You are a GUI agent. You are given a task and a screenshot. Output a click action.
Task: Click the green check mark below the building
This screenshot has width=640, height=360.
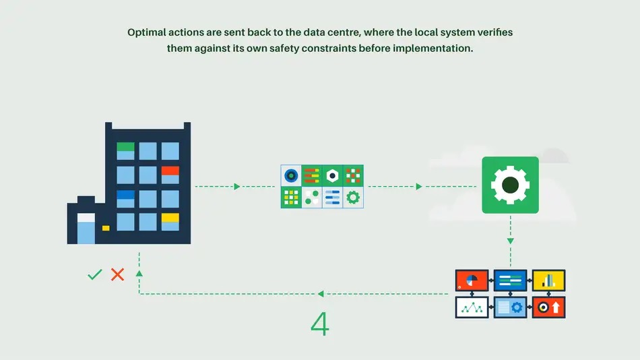(x=95, y=274)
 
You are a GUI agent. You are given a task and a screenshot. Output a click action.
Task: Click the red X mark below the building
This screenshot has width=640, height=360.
(x=118, y=274)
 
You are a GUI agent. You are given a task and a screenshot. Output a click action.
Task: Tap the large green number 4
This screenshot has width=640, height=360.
(x=320, y=324)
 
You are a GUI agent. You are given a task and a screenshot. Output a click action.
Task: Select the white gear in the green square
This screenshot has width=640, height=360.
(x=510, y=185)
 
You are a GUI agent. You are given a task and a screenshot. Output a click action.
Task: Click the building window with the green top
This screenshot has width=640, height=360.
(x=125, y=151)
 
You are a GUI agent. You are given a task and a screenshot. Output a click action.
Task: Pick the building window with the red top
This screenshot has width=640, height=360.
(x=170, y=175)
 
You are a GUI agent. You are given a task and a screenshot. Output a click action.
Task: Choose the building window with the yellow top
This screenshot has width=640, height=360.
(x=170, y=222)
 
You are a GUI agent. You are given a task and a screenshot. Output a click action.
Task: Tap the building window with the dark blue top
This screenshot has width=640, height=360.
(x=125, y=199)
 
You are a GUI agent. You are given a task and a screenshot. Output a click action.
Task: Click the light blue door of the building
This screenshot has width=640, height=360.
(x=86, y=229)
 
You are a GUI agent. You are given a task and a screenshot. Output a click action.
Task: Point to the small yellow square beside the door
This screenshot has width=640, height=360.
(x=106, y=228)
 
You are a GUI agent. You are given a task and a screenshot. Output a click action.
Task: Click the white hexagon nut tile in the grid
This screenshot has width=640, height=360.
(x=332, y=175)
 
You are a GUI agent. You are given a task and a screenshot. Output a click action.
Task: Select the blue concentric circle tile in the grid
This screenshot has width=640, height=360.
(x=291, y=175)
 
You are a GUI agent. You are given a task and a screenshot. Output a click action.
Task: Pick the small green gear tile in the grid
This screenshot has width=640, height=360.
(x=353, y=197)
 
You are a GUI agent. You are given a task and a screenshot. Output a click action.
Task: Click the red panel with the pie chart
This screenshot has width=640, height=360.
(x=472, y=280)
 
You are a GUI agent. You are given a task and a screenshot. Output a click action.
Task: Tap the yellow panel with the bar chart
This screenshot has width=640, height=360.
(x=548, y=280)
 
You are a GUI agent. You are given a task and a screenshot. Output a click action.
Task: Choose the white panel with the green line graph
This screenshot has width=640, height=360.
(x=472, y=307)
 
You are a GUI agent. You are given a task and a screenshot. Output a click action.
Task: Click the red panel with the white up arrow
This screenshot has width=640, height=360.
(x=548, y=307)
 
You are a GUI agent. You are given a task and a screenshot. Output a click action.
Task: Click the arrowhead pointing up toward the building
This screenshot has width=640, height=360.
(x=139, y=273)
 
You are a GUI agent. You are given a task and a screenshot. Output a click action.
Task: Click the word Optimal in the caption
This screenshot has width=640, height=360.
(x=146, y=32)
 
